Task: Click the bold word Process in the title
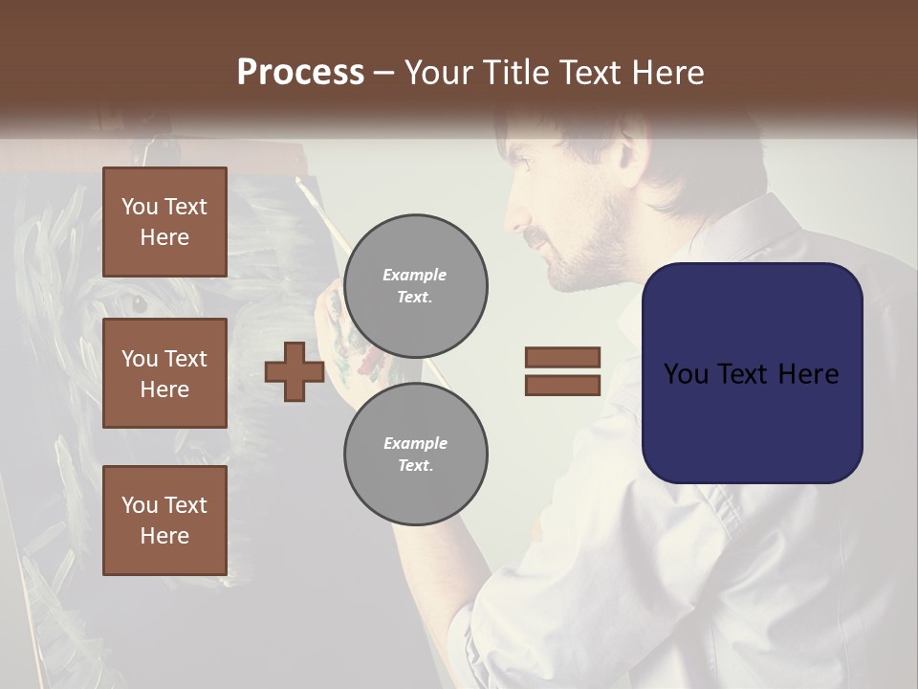300,72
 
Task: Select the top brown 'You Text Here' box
164,222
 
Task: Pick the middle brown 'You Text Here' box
164,373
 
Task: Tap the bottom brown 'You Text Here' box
164,521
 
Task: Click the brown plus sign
295,371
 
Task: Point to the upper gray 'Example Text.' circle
415,285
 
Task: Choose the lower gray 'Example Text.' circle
415,454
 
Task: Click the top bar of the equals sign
562,357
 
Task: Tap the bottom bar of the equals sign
562,386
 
